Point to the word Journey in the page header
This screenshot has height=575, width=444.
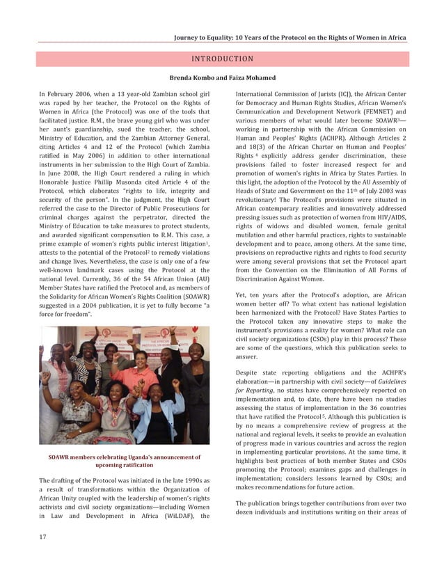[189, 38]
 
